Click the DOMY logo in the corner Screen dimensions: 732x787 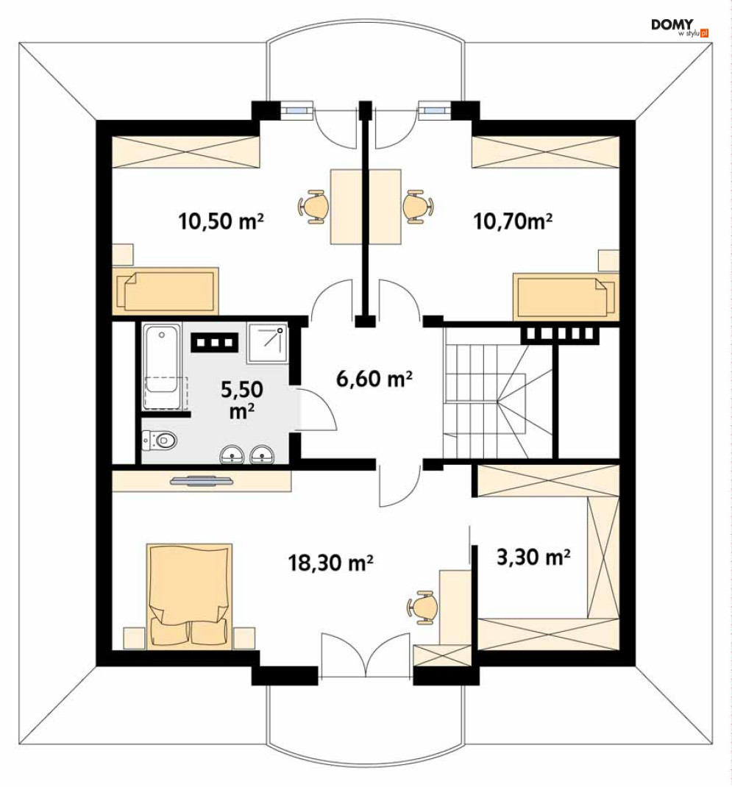pos(680,28)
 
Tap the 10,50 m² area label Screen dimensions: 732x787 pos(221,221)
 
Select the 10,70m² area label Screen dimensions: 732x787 pos(513,221)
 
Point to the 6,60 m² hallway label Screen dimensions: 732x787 pos(374,379)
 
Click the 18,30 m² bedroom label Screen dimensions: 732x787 pos(330,563)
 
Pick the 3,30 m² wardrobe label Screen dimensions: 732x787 pos(533,557)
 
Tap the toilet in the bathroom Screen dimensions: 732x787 pos(160,441)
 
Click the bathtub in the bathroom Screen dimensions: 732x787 pos(161,366)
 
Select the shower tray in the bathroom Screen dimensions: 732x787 pos(268,343)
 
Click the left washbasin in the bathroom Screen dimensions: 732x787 pos(232,454)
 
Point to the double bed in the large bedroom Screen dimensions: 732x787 pos(189,597)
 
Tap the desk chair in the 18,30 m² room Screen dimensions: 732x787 pos(422,608)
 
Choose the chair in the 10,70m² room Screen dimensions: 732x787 pos(418,206)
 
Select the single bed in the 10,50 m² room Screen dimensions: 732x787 pos(166,291)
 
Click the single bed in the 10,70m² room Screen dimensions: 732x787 pos(566,296)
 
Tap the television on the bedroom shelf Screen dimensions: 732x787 pos(202,481)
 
